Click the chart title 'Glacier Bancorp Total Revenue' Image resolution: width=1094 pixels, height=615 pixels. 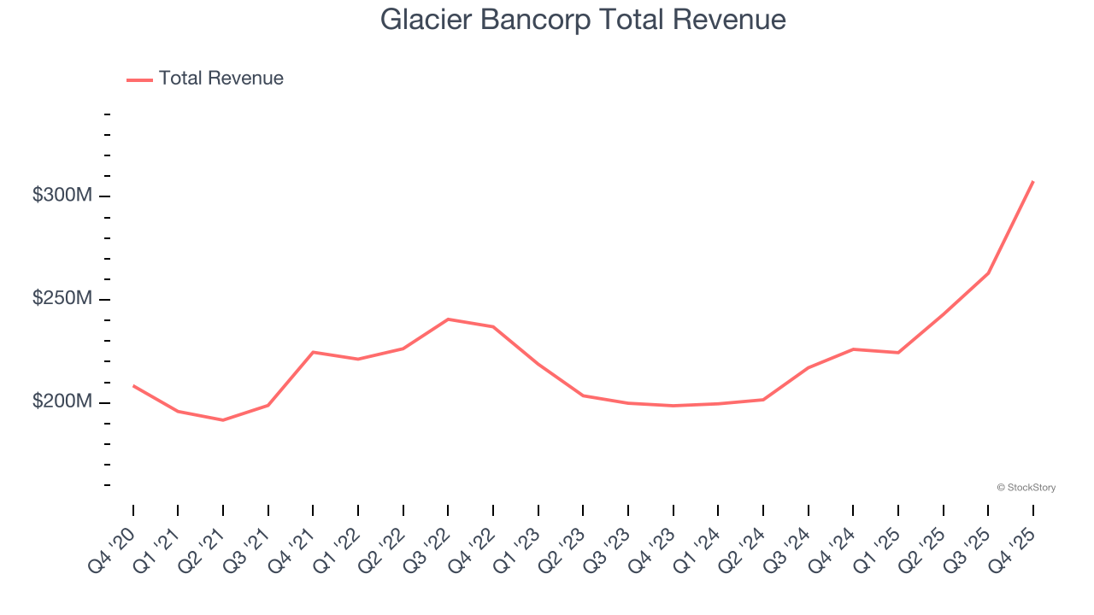click(583, 19)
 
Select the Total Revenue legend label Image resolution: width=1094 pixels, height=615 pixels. click(221, 79)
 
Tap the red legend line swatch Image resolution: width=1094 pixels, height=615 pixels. click(139, 79)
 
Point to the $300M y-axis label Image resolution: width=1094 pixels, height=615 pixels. click(62, 196)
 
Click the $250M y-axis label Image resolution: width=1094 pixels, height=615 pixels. click(62, 299)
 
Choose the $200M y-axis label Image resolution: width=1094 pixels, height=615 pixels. click(62, 402)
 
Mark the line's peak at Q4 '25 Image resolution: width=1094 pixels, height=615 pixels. click(1033, 181)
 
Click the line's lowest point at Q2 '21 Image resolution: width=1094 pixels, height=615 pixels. click(223, 420)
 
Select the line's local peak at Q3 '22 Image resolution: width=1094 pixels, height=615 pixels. click(448, 319)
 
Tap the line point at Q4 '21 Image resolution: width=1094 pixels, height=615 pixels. click(313, 352)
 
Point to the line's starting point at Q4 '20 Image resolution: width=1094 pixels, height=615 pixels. click(133, 385)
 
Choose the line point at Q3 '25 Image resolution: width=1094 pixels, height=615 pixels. click(988, 273)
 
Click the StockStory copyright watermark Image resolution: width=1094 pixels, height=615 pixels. click(1026, 488)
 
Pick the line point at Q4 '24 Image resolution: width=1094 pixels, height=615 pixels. click(853, 349)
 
